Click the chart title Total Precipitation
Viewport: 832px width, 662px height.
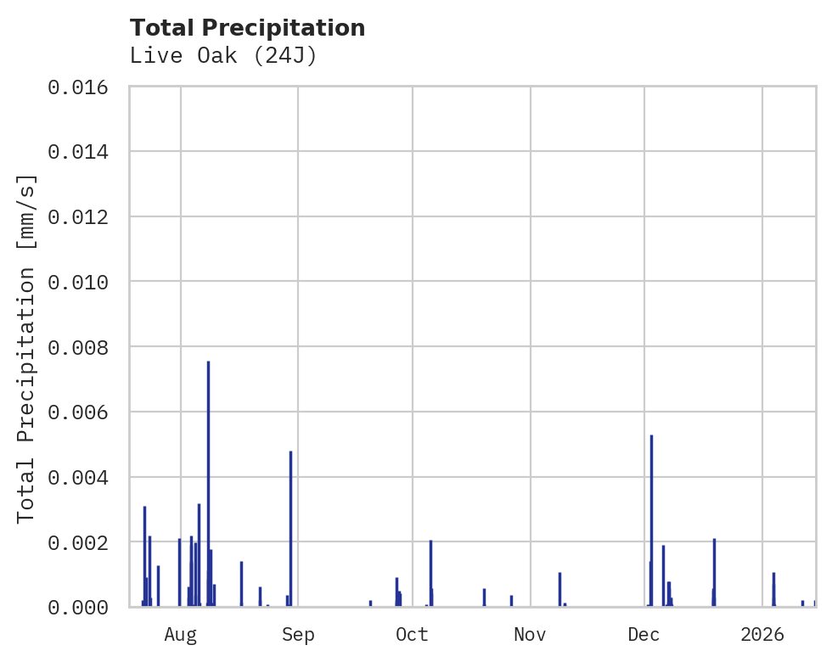tap(247, 28)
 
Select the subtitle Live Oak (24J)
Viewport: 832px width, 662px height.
tap(223, 56)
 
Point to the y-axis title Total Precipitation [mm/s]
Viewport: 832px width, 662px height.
tap(26, 348)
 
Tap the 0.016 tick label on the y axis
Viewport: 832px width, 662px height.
tap(78, 87)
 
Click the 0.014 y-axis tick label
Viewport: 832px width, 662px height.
tap(78, 152)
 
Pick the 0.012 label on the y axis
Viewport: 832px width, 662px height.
tap(78, 216)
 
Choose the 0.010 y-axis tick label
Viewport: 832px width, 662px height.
tap(78, 282)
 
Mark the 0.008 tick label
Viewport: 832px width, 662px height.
tap(78, 347)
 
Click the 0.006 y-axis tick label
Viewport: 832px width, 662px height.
tap(78, 412)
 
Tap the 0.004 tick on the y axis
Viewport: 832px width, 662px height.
tap(78, 477)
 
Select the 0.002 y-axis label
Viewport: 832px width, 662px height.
tap(78, 541)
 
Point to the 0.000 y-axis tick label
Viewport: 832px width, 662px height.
tap(78, 607)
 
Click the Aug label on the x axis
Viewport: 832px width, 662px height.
tap(181, 634)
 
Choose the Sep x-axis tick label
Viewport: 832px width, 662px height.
tap(298, 634)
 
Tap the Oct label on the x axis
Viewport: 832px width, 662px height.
tap(413, 634)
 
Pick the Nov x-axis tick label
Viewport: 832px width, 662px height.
tap(530, 634)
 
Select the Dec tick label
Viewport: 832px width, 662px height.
tap(644, 634)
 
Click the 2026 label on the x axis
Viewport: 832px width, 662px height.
tap(762, 634)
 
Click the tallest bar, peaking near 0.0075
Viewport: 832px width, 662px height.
tap(208, 484)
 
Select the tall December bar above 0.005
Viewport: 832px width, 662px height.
tap(651, 522)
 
